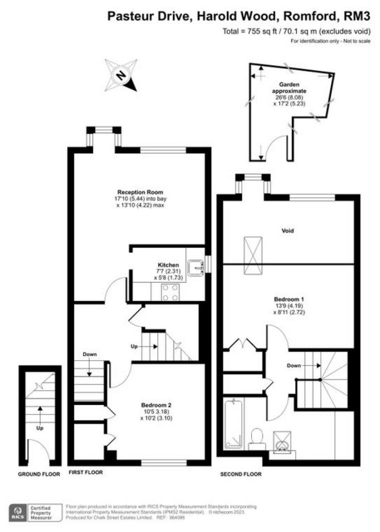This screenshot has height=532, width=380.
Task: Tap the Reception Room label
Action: coord(137,192)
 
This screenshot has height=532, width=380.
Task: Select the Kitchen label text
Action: coord(159,265)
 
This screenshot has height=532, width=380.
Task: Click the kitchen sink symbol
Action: coord(195,266)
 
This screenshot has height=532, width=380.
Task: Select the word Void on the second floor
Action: coord(288,231)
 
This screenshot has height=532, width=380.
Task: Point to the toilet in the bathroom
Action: coord(257,436)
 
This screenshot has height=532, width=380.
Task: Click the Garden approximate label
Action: coord(289,87)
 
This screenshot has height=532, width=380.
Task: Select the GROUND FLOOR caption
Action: coord(39,474)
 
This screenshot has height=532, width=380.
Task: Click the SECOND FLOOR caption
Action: coord(241,474)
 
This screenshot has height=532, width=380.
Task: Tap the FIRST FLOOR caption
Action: coord(86,473)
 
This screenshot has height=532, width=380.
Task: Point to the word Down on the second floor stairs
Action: coord(294,366)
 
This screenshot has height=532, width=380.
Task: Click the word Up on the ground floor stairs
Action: coord(40,429)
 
